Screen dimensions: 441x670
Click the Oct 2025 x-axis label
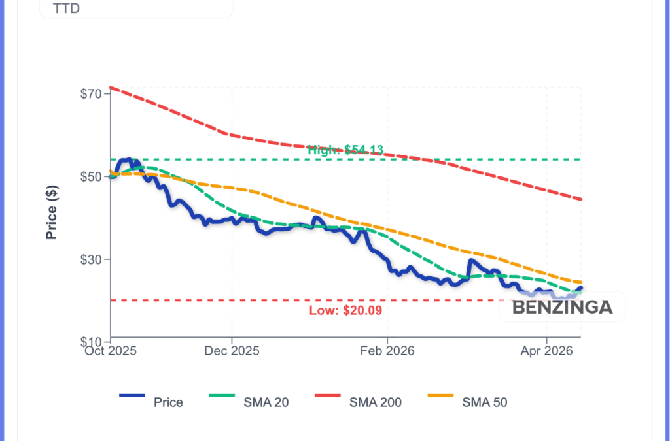pyautogui.click(x=111, y=351)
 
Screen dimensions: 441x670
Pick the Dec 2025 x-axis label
pyautogui.click(x=232, y=351)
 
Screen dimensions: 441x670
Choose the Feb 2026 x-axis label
pyautogui.click(x=387, y=351)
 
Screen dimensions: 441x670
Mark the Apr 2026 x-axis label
pyautogui.click(x=546, y=351)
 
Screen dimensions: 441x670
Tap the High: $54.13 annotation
pyautogui.click(x=345, y=150)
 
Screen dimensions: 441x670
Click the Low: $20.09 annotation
pyautogui.click(x=345, y=310)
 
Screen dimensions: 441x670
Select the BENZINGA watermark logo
pyautogui.click(x=562, y=307)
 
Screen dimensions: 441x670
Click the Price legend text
pyautogui.click(x=168, y=402)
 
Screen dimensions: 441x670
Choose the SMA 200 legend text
pyautogui.click(x=376, y=402)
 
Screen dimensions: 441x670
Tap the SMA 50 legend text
pyautogui.click(x=484, y=402)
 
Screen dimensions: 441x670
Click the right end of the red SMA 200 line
pyautogui.click(x=581, y=199)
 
